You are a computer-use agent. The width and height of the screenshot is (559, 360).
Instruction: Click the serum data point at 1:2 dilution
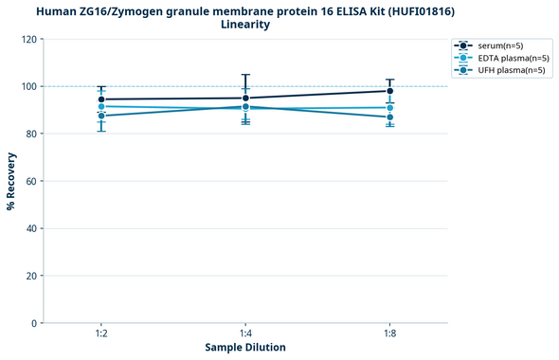[x=101, y=99]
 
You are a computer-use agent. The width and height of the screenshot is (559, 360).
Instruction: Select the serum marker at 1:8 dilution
[x=389, y=91]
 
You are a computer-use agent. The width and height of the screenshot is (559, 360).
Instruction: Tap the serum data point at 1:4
[x=245, y=98]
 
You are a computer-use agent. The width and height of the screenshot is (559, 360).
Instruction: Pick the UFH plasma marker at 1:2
[x=101, y=116]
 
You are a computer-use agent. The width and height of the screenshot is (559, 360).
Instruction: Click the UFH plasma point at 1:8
[x=389, y=117]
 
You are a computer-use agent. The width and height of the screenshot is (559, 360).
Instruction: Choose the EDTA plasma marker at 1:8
[x=389, y=108]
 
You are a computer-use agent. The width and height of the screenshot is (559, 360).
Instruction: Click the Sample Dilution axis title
[x=245, y=348]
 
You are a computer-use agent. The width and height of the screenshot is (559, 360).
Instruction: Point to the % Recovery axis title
[x=11, y=180]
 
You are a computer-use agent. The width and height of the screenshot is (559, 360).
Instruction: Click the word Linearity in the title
[x=245, y=25]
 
